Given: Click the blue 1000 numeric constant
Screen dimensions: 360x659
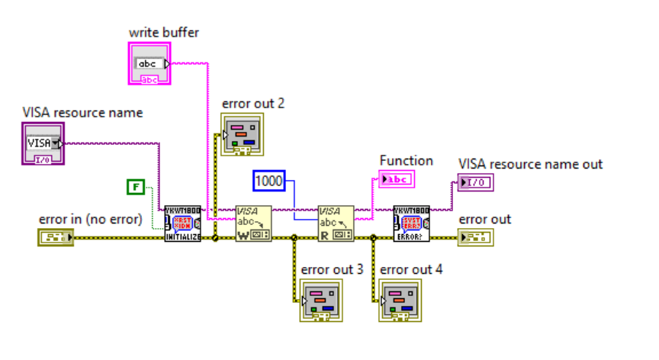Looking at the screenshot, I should [x=268, y=181].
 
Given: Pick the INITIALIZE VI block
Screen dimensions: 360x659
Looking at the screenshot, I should [x=182, y=223].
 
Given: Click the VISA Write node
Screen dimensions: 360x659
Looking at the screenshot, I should [x=253, y=223].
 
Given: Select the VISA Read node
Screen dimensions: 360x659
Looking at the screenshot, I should [x=336, y=223].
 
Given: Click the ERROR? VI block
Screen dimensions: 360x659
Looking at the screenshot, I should [x=411, y=223].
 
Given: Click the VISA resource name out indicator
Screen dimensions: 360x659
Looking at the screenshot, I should [x=475, y=182].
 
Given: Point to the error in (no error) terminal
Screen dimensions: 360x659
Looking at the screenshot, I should [x=55, y=237].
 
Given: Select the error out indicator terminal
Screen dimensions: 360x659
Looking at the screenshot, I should [x=476, y=237].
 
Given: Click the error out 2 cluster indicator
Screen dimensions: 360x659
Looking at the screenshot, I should [x=241, y=135].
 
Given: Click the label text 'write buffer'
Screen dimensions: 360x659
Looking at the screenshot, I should [x=164, y=32].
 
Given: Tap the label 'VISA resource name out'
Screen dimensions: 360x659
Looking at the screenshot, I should [x=530, y=164].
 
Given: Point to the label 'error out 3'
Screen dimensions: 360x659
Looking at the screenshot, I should [x=333, y=269].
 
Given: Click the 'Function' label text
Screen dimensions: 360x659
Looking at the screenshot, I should [x=407, y=161].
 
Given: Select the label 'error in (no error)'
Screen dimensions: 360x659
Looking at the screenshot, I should [x=91, y=220].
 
